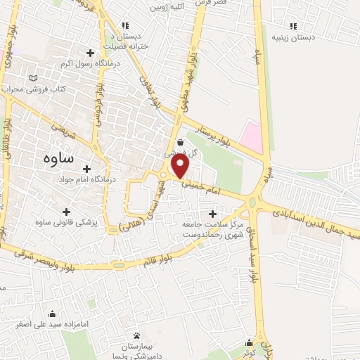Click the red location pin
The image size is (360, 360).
pyautogui.click(x=181, y=166)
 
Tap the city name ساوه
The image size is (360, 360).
pyautogui.click(x=58, y=157)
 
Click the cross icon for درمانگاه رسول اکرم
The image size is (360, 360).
pyautogui.click(x=90, y=53)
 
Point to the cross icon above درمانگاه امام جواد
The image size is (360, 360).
pyautogui.click(x=86, y=169)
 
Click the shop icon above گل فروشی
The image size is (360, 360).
pyautogui.click(x=181, y=142)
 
